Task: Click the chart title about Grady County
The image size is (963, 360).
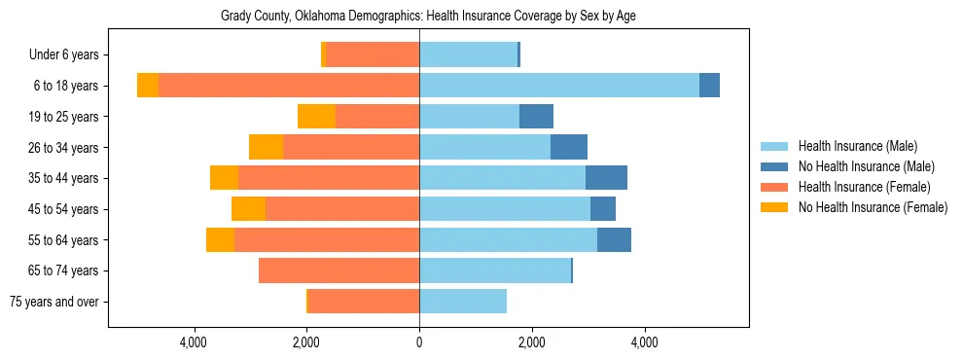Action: (428, 17)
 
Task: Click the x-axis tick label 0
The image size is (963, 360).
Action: (419, 342)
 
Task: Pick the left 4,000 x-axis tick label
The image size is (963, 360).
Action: (195, 342)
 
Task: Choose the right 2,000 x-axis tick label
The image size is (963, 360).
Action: (531, 342)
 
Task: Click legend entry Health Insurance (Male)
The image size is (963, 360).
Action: (857, 146)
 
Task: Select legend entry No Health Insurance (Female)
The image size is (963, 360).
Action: (873, 207)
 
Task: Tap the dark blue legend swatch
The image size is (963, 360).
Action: (775, 166)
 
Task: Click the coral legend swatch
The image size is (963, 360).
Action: (775, 187)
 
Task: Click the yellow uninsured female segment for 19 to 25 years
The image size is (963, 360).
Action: (316, 117)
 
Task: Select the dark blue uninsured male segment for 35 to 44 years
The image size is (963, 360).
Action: (606, 178)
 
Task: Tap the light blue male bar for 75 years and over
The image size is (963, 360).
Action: (463, 302)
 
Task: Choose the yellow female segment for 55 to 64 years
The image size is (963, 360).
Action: (220, 239)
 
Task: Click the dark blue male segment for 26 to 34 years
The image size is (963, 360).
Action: (569, 147)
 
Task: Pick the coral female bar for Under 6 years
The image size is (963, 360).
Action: (373, 55)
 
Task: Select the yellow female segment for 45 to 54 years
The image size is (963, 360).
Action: (248, 209)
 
